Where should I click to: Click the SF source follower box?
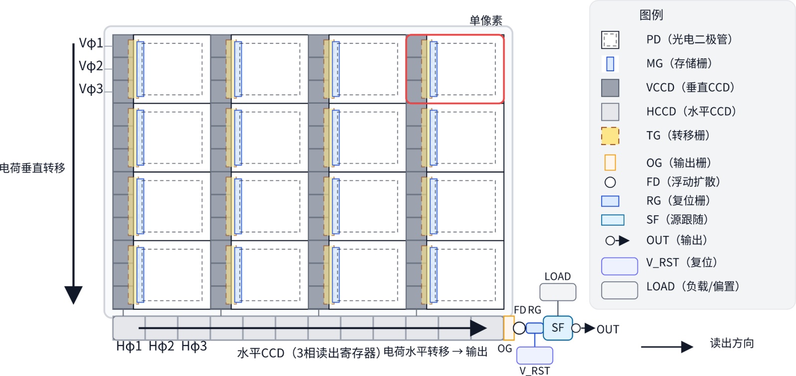tap(557, 328)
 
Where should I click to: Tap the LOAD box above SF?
tap(558, 292)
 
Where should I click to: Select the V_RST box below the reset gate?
tap(534, 355)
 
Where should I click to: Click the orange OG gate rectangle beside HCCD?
tap(508, 328)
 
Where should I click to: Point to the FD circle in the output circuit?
tap(519, 328)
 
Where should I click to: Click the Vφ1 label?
tap(91, 43)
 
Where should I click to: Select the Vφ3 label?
tap(91, 89)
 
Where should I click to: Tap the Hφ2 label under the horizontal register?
tap(161, 346)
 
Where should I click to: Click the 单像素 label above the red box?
tap(485, 20)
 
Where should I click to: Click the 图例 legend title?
tap(651, 15)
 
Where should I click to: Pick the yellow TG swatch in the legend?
tap(610, 136)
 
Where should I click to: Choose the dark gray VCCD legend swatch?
tap(610, 88)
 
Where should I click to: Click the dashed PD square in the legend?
tap(610, 40)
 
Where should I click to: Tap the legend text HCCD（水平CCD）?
tap(691, 112)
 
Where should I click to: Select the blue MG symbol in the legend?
tap(610, 64)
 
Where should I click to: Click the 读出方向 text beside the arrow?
tap(732, 343)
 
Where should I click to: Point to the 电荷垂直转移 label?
tap(32, 168)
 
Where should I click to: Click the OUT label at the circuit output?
tap(608, 330)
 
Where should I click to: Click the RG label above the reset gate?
tap(535, 310)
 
